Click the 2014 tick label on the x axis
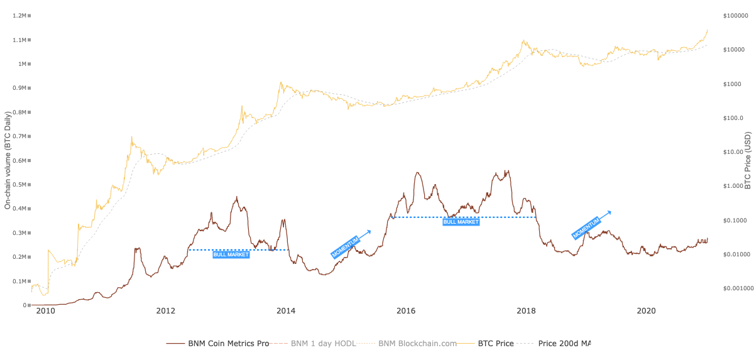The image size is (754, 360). (x=286, y=311)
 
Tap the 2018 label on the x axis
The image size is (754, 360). (x=526, y=311)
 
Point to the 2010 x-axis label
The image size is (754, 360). (x=45, y=311)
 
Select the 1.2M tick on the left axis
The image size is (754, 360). (x=19, y=16)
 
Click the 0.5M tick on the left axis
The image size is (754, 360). (x=19, y=184)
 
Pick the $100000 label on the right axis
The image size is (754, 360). (x=736, y=16)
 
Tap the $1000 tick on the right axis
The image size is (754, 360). (x=732, y=84)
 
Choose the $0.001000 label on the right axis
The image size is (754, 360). (x=738, y=288)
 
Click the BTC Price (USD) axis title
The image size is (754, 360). (x=748, y=160)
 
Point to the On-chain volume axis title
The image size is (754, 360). (x=8, y=160)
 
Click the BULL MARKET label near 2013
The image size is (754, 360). (x=231, y=254)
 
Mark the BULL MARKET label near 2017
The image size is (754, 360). (x=461, y=222)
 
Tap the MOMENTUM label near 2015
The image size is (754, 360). (x=346, y=248)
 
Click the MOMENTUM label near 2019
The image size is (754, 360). (x=586, y=228)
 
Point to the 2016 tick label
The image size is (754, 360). (x=406, y=311)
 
